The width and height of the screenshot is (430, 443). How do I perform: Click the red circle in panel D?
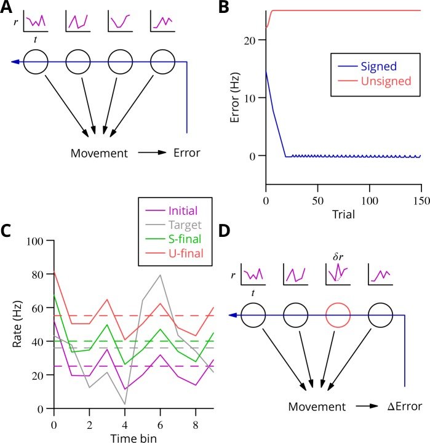click(336, 316)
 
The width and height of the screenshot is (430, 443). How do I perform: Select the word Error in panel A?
click(188, 152)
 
